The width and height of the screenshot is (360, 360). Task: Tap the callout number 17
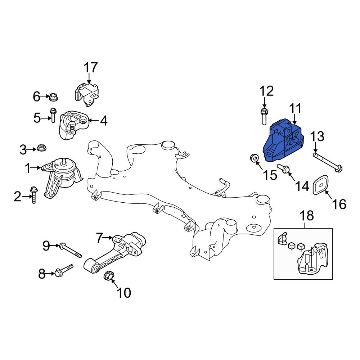point(91,67)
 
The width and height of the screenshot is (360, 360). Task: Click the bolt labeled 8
point(63,270)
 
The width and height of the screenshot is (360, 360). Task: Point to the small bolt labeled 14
point(284,169)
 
